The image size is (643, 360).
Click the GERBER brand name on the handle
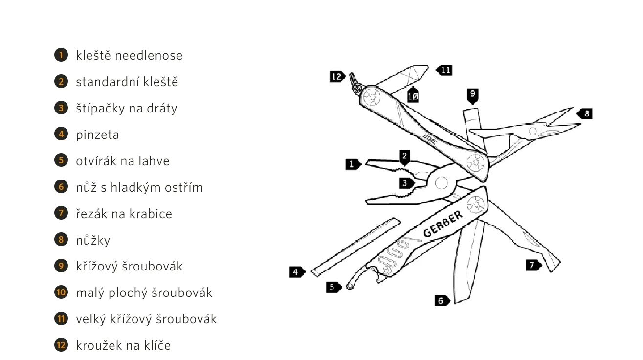click(x=443, y=225)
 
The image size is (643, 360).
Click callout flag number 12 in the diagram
click(x=337, y=76)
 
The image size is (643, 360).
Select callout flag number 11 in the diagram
click(x=445, y=70)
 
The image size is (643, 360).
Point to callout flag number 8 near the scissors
click(x=585, y=114)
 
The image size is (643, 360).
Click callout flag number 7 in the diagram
click(x=533, y=266)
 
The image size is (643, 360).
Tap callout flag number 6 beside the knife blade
click(x=442, y=301)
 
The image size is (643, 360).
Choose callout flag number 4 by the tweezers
click(x=296, y=271)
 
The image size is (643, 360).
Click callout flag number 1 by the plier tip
click(x=352, y=164)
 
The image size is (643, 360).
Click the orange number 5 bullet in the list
click(x=61, y=160)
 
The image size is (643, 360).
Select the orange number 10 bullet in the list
click(x=61, y=292)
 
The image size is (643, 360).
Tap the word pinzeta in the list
click(x=97, y=135)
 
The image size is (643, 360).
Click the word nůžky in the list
click(x=93, y=240)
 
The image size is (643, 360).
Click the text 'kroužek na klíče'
click(x=123, y=345)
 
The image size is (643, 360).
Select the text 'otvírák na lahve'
click(x=122, y=161)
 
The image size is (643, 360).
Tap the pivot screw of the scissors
click(x=534, y=130)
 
